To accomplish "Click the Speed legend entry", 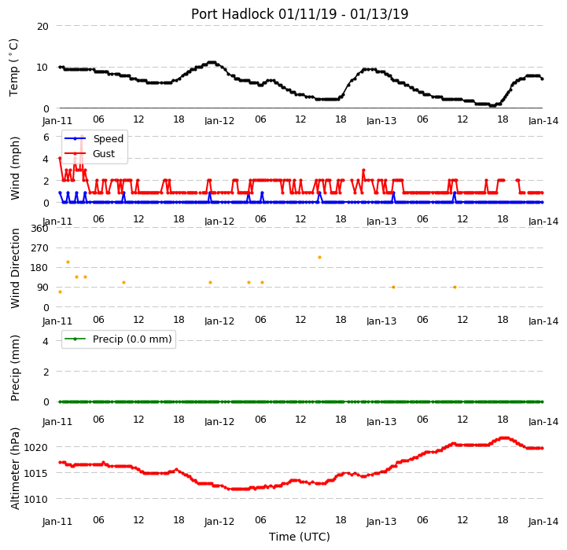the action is (94, 138).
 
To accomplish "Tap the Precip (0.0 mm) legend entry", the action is (118, 339).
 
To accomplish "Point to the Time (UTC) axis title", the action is (300, 537).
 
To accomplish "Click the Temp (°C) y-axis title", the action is (13, 68).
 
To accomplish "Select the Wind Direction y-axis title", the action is (15, 268).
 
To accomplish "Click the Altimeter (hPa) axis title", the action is (15, 468).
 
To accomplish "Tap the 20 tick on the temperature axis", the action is (42, 27).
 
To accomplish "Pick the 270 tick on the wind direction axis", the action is (40, 248).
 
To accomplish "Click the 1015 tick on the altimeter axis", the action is (35, 473).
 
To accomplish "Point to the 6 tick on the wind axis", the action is (46, 137).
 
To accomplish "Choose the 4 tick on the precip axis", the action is (46, 341).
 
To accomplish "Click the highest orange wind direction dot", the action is (319, 257).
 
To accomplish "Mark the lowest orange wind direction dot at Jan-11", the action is (60, 291).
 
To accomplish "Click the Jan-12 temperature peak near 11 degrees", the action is (212, 63).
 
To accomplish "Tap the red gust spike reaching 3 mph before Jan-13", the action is (363, 170).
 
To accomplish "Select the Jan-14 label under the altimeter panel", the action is (543, 522).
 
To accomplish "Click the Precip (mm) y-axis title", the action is (15, 368).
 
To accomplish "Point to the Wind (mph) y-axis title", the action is (15, 168).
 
